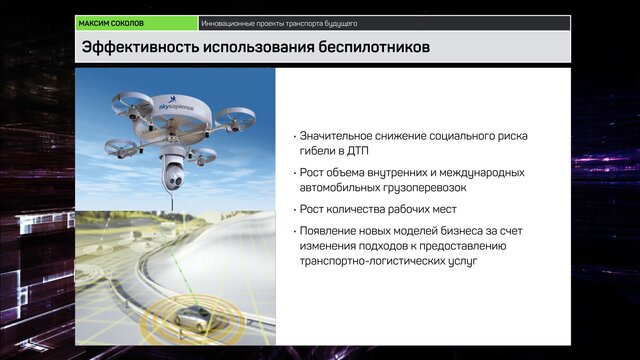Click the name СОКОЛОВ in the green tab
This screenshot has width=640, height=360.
[126, 24]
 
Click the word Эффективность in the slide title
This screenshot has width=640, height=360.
[140, 47]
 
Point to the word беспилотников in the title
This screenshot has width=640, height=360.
[374, 47]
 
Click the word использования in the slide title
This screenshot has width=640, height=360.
[259, 47]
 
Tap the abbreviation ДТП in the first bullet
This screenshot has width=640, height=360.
[358, 151]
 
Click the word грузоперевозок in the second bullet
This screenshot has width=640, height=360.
[424, 188]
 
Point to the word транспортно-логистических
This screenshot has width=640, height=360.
[372, 261]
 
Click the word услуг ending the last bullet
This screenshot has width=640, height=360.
[463, 262]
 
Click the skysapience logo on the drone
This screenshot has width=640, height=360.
[176, 104]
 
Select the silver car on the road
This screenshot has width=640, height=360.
[197, 318]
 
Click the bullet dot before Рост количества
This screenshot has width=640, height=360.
[295, 210]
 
